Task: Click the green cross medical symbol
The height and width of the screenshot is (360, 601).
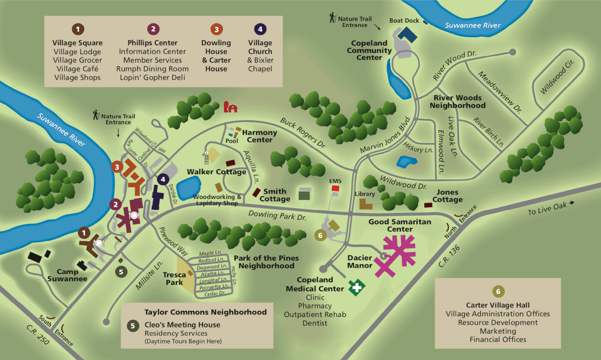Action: pyautogui.click(x=357, y=287)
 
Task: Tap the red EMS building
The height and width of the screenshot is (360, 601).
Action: pyautogui.click(x=335, y=188)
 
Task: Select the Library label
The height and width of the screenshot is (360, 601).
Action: pyautogui.click(x=365, y=194)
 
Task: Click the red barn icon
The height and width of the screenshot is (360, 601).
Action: pyautogui.click(x=230, y=107)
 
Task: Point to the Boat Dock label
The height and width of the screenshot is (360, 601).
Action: pyautogui.click(x=404, y=20)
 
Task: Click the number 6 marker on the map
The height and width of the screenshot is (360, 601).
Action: pyautogui.click(x=320, y=235)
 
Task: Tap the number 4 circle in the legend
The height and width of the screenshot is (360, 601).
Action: pyautogui.click(x=260, y=29)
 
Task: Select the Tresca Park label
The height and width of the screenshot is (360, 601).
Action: pyautogui.click(x=174, y=279)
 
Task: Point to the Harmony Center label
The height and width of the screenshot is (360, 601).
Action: pyautogui.click(x=259, y=136)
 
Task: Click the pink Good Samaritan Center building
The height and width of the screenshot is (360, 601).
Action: pyautogui.click(x=399, y=251)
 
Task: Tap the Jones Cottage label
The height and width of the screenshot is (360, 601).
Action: pyautogui.click(x=447, y=196)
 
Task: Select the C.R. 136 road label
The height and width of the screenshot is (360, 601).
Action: pyautogui.click(x=449, y=256)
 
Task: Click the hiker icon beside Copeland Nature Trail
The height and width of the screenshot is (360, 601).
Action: pyautogui.click(x=333, y=18)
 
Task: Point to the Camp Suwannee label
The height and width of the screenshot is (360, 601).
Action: pyautogui.click(x=67, y=275)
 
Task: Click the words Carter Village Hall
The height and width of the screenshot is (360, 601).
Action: pyautogui.click(x=497, y=305)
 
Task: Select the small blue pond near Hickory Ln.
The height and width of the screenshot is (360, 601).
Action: pyautogui.click(x=404, y=162)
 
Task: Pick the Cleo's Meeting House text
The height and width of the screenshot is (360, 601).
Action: pyautogui.click(x=182, y=325)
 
